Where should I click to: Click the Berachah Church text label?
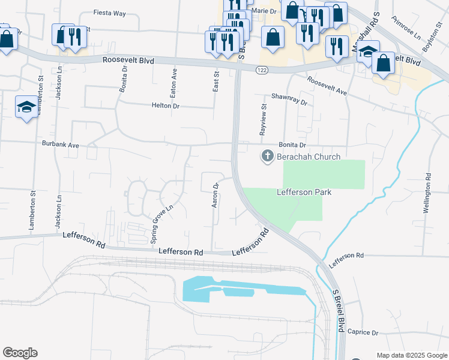tap(309, 157)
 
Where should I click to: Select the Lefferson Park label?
tap(304, 193)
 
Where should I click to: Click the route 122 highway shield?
tap(264, 70)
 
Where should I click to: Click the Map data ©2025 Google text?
tap(411, 355)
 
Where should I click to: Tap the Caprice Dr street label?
tap(363, 332)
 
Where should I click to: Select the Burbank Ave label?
tap(61, 145)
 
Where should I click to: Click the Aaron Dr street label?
tap(214, 196)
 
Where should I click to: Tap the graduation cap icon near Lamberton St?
tap(26, 107)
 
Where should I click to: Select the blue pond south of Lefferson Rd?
tap(240, 290)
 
